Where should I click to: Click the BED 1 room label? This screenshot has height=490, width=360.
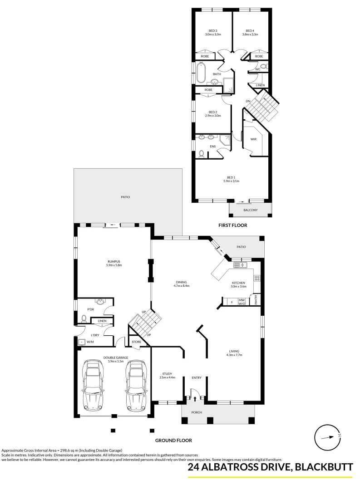pos(231,179)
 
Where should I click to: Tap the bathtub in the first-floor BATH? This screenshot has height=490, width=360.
pos(201,73)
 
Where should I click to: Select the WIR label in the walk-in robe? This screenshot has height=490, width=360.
pos(253,139)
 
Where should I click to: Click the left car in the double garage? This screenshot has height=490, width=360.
pos(94,384)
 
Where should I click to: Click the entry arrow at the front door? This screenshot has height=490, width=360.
pos(195,398)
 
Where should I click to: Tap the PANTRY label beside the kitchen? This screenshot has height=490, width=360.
pos(256,299)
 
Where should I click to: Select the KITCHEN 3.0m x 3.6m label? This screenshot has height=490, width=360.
pos(238,284)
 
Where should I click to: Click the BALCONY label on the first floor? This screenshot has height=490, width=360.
pos(250,210)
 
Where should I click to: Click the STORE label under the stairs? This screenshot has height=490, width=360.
pos(137,342)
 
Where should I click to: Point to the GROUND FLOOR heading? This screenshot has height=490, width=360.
pos(173,440)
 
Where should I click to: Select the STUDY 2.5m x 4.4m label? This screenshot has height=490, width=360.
pos(165,376)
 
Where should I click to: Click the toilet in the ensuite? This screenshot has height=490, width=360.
pos(202,153)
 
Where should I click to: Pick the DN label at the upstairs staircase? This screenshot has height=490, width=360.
pos(248,101)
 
